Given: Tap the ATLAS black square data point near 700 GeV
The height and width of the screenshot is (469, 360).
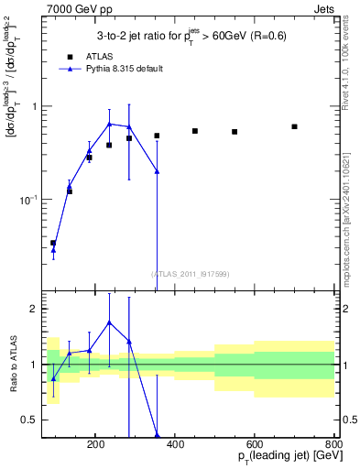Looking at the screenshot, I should coord(294,126).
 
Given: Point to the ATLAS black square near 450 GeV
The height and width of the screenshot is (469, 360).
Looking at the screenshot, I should coord(195,131).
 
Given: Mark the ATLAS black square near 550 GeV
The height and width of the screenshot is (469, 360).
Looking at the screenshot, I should coord(235,132).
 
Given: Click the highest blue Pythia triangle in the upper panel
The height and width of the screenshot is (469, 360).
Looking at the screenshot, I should coord(109,124).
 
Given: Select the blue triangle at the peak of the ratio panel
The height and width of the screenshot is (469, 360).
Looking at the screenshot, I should coord(109,322).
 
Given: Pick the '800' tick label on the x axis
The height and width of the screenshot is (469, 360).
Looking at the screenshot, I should coord(333,442).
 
